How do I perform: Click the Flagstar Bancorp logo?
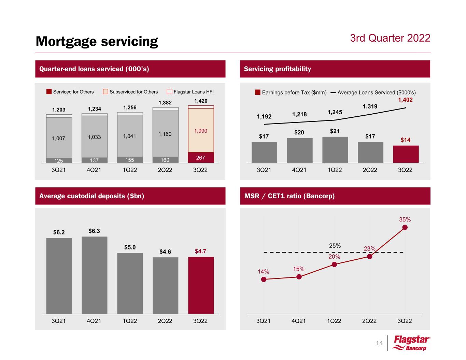click(412, 343)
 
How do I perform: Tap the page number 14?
click(379, 343)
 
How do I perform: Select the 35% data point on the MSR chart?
click(405, 228)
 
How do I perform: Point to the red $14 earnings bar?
click(406, 154)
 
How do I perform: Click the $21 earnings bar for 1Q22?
click(335, 150)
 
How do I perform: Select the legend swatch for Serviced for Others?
click(49, 92)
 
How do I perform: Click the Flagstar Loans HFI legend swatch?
click(169, 92)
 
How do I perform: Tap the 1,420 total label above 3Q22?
click(201, 101)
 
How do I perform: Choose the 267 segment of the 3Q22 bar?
click(201, 158)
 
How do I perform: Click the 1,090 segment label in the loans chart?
click(201, 131)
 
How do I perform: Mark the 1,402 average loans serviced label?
click(405, 100)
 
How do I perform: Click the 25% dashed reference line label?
click(335, 245)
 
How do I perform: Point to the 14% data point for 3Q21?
click(264, 279)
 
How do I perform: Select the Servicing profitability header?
click(278, 69)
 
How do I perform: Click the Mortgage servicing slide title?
click(97, 41)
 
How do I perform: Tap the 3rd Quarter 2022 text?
click(390, 38)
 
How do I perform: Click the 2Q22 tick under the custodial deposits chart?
click(165, 321)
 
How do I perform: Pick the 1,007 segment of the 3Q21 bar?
click(59, 138)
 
